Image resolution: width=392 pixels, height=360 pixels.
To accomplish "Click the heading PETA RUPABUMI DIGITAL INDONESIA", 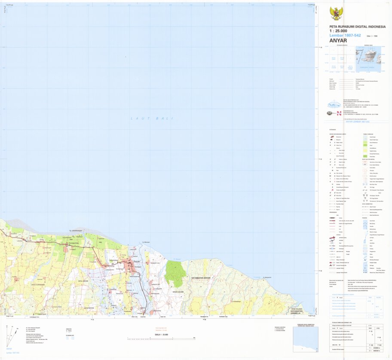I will tap(352, 26).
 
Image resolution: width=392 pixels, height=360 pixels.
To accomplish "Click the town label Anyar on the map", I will tap(137, 261).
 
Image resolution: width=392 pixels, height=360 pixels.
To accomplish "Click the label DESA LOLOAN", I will tap(178, 292).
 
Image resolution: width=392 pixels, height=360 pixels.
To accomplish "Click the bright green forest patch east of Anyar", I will tap(175, 274).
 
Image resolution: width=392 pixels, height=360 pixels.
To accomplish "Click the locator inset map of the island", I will tap(367, 58).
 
